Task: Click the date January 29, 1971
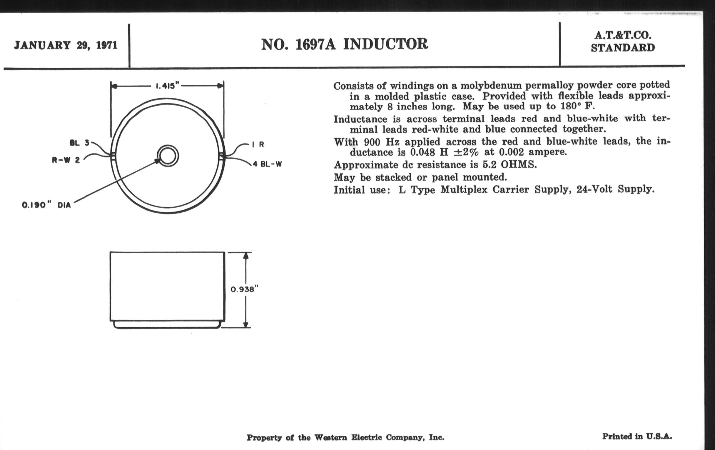pos(66,46)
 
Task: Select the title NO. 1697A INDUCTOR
pos(345,44)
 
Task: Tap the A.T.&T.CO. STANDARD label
pos(623,41)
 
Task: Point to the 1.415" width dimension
pos(168,86)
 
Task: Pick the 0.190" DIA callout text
pos(46,205)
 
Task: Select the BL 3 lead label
pos(79,143)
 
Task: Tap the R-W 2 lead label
pos(66,160)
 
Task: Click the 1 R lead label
pos(258,145)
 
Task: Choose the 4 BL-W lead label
pos(267,164)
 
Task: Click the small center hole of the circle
pos(168,156)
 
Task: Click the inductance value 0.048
pos(423,152)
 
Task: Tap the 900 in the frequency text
pos(372,142)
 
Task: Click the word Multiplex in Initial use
pos(464,189)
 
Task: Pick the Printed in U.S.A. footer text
pos(637,436)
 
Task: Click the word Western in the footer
pos(330,438)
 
